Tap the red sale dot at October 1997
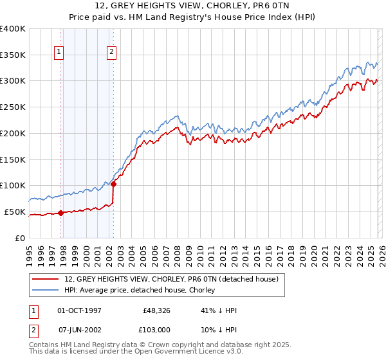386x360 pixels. (x=60, y=213)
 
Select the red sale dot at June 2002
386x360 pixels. (x=113, y=184)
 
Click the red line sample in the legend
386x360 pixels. (x=46, y=279)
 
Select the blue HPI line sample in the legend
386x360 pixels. (x=46, y=290)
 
